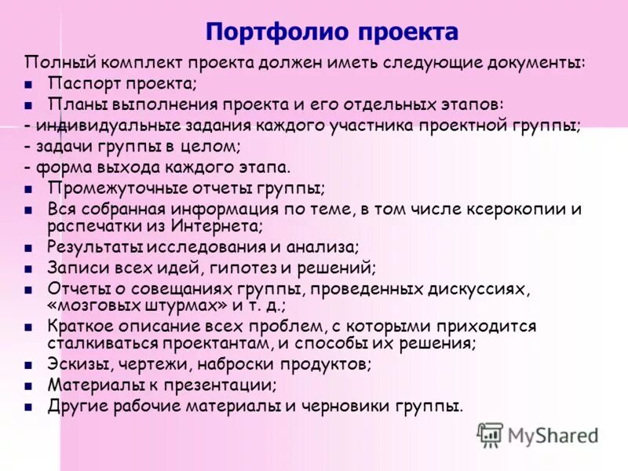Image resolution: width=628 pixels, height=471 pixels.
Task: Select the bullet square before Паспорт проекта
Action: (x=28, y=84)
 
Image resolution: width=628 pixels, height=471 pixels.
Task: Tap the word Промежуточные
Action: (x=118, y=188)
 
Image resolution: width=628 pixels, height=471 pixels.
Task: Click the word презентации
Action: (x=221, y=385)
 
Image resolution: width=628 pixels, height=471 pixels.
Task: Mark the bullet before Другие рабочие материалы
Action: (x=28, y=407)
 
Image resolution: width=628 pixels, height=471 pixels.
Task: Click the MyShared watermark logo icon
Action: (x=491, y=434)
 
